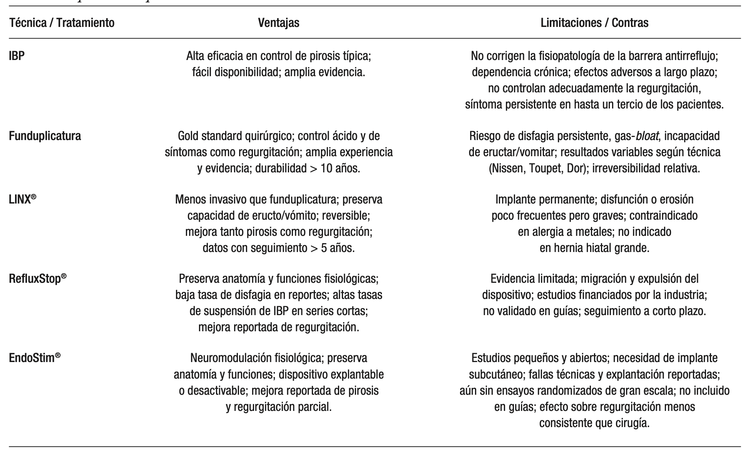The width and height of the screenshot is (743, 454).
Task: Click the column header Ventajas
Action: click(x=278, y=23)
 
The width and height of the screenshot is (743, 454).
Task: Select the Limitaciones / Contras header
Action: click(x=594, y=23)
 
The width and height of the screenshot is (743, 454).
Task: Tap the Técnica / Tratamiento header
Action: click(x=62, y=23)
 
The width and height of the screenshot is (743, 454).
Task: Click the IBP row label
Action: click(x=17, y=56)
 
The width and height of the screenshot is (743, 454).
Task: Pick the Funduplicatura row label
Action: click(x=45, y=136)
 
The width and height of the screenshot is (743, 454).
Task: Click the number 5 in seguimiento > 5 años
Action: click(x=324, y=248)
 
